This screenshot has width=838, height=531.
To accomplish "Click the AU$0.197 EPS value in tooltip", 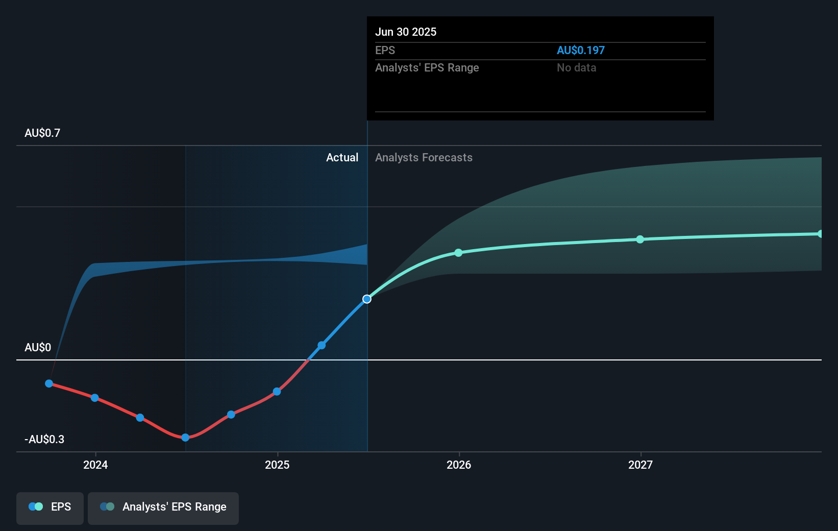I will [x=580, y=50].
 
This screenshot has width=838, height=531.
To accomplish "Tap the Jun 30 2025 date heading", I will [x=406, y=32].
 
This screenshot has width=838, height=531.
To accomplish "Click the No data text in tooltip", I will [x=576, y=67].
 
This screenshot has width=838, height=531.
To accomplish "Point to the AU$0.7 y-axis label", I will [x=42, y=133].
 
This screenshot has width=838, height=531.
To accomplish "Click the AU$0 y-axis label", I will [x=38, y=347].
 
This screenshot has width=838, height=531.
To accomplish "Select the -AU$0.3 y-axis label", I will [x=44, y=439].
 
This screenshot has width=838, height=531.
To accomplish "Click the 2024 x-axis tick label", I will [x=95, y=465].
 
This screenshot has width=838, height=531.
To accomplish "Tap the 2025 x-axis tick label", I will [x=277, y=465].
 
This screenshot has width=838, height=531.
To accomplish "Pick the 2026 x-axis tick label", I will [x=459, y=465].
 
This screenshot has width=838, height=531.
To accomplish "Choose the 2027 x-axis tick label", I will [x=640, y=465].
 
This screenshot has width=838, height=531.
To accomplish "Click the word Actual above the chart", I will [x=342, y=157].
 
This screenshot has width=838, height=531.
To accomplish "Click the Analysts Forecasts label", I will [x=424, y=157].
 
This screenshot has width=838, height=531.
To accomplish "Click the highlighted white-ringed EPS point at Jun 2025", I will [x=367, y=299].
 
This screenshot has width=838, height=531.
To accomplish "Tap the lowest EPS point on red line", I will [x=185, y=438].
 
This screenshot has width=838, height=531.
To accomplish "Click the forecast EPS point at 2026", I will [x=458, y=253].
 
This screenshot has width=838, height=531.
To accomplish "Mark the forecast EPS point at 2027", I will [x=640, y=239].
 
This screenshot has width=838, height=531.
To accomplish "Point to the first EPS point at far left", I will [x=49, y=383].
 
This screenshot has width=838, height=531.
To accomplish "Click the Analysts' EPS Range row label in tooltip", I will [x=427, y=67].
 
